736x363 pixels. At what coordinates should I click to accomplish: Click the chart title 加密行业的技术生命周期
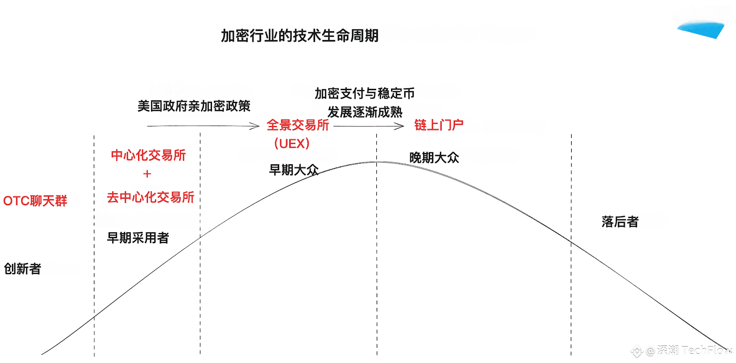[299, 35]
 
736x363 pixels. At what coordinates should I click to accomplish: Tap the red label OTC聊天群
[35, 201]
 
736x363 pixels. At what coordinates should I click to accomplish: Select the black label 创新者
[23, 269]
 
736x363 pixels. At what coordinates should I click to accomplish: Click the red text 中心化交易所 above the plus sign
[149, 156]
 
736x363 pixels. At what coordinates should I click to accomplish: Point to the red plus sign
[147, 174]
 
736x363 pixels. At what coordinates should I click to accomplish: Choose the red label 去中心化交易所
[151, 197]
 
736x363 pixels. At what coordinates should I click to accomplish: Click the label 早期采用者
[138, 238]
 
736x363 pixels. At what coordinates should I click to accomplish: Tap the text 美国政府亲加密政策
[194, 106]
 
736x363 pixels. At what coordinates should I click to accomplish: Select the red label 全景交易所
[298, 125]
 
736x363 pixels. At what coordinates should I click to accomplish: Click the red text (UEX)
[292, 144]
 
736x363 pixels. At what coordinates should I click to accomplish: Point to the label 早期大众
[294, 170]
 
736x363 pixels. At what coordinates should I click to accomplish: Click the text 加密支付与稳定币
[365, 93]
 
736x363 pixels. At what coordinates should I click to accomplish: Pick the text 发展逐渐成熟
[365, 112]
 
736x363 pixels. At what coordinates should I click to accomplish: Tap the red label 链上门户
[439, 125]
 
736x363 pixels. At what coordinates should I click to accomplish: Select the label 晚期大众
[434, 158]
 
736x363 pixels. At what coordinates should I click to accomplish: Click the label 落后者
[620, 222]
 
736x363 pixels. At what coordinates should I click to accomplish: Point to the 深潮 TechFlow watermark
[681, 351]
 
